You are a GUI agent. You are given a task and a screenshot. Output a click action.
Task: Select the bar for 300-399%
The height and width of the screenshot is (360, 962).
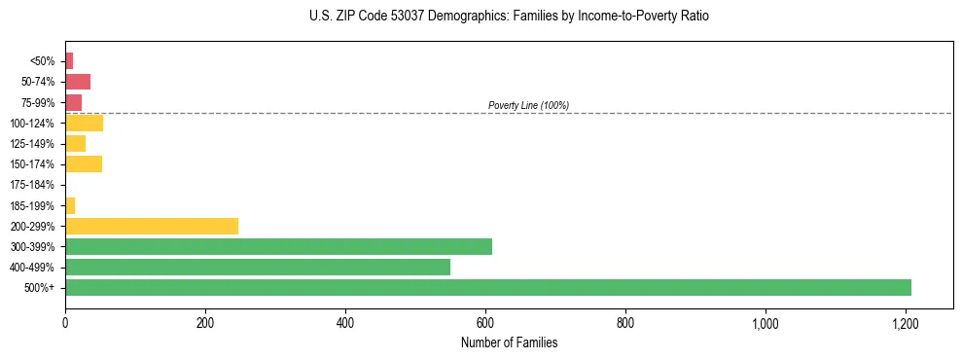278,247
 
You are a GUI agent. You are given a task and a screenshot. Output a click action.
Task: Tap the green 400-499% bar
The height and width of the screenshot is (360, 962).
258,268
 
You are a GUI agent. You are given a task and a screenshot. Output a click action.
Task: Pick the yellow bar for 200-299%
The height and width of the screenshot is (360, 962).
152,227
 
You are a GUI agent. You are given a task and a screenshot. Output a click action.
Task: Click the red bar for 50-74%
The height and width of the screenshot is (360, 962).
78,82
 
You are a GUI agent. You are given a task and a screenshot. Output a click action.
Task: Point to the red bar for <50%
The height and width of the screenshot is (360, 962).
69,61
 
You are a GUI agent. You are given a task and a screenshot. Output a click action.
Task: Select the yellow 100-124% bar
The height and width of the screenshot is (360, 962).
84,124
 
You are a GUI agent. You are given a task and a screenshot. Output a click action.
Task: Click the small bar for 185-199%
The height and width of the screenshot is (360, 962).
70,205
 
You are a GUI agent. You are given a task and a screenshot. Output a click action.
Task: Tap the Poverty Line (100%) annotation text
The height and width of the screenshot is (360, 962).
528,105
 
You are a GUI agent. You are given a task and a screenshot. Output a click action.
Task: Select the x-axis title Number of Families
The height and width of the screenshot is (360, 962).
509,342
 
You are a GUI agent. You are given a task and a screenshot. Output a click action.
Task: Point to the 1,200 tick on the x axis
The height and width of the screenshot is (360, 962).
906,322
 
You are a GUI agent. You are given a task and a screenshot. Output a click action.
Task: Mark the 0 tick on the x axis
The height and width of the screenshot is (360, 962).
65,322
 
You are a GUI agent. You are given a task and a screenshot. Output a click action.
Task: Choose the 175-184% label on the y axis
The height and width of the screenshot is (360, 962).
32,185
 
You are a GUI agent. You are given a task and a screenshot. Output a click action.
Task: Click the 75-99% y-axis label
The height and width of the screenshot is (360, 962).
37,103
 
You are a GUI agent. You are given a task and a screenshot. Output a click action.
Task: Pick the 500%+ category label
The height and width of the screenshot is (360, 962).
41,288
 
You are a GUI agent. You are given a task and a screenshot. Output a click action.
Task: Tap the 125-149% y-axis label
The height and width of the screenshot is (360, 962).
32,144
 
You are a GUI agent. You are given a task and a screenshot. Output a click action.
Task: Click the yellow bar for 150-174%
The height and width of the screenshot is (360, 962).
84,164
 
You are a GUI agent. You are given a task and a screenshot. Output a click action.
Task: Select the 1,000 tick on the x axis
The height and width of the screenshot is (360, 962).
766,322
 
